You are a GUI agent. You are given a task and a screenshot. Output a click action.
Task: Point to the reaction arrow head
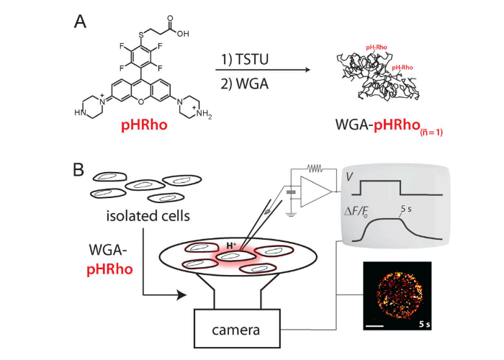pyautogui.click(x=308, y=69)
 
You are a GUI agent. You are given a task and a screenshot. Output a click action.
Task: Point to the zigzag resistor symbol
pyautogui.click(x=315, y=168)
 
